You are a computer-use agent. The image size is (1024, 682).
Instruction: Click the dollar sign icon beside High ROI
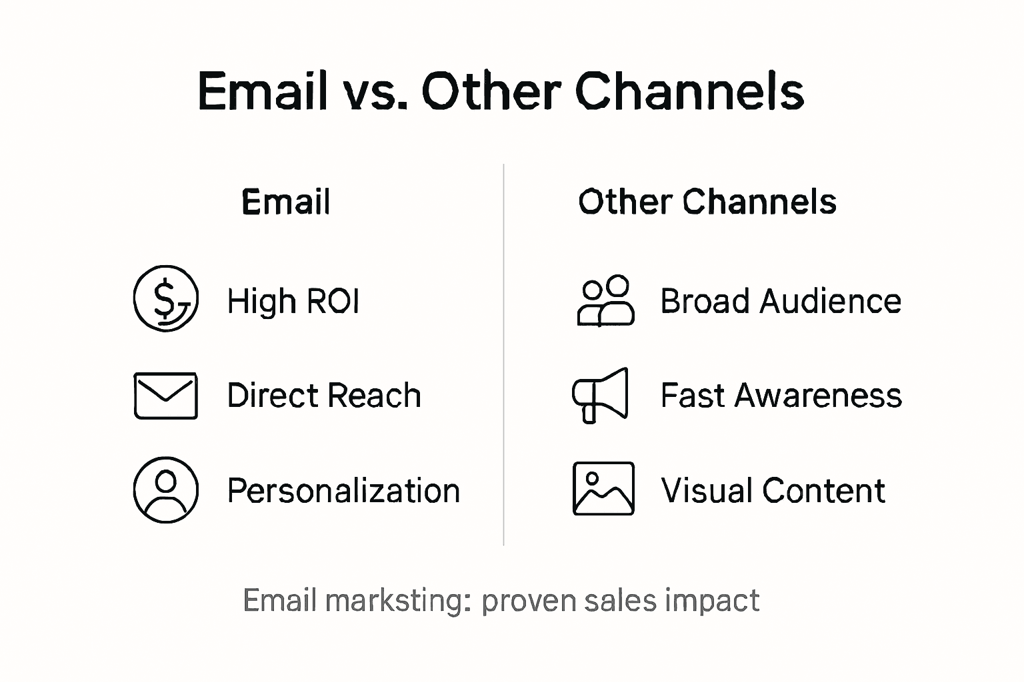tap(166, 298)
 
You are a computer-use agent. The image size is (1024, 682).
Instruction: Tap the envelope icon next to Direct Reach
tap(165, 396)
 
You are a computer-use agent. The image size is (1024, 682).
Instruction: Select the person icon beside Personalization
tap(166, 490)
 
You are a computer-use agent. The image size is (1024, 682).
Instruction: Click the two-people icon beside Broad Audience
tap(605, 300)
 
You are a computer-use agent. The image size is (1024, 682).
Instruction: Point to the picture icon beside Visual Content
tap(603, 489)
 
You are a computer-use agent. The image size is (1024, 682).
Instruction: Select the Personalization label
tap(343, 491)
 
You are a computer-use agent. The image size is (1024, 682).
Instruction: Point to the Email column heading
tap(285, 202)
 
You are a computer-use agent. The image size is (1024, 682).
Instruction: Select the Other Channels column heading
tap(707, 202)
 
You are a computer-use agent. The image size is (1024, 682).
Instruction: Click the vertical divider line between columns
tap(503, 353)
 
